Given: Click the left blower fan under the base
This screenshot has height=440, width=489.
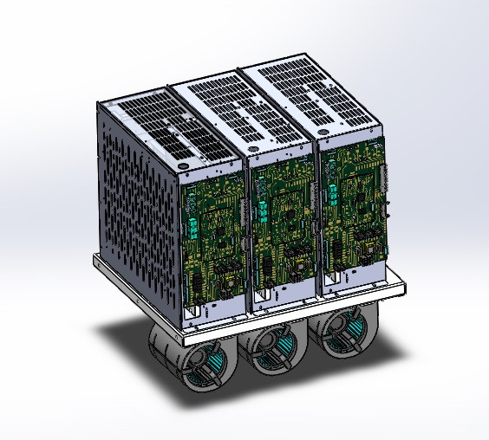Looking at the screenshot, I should [200, 359].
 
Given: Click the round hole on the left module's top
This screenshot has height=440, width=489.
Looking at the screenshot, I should [184, 164].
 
